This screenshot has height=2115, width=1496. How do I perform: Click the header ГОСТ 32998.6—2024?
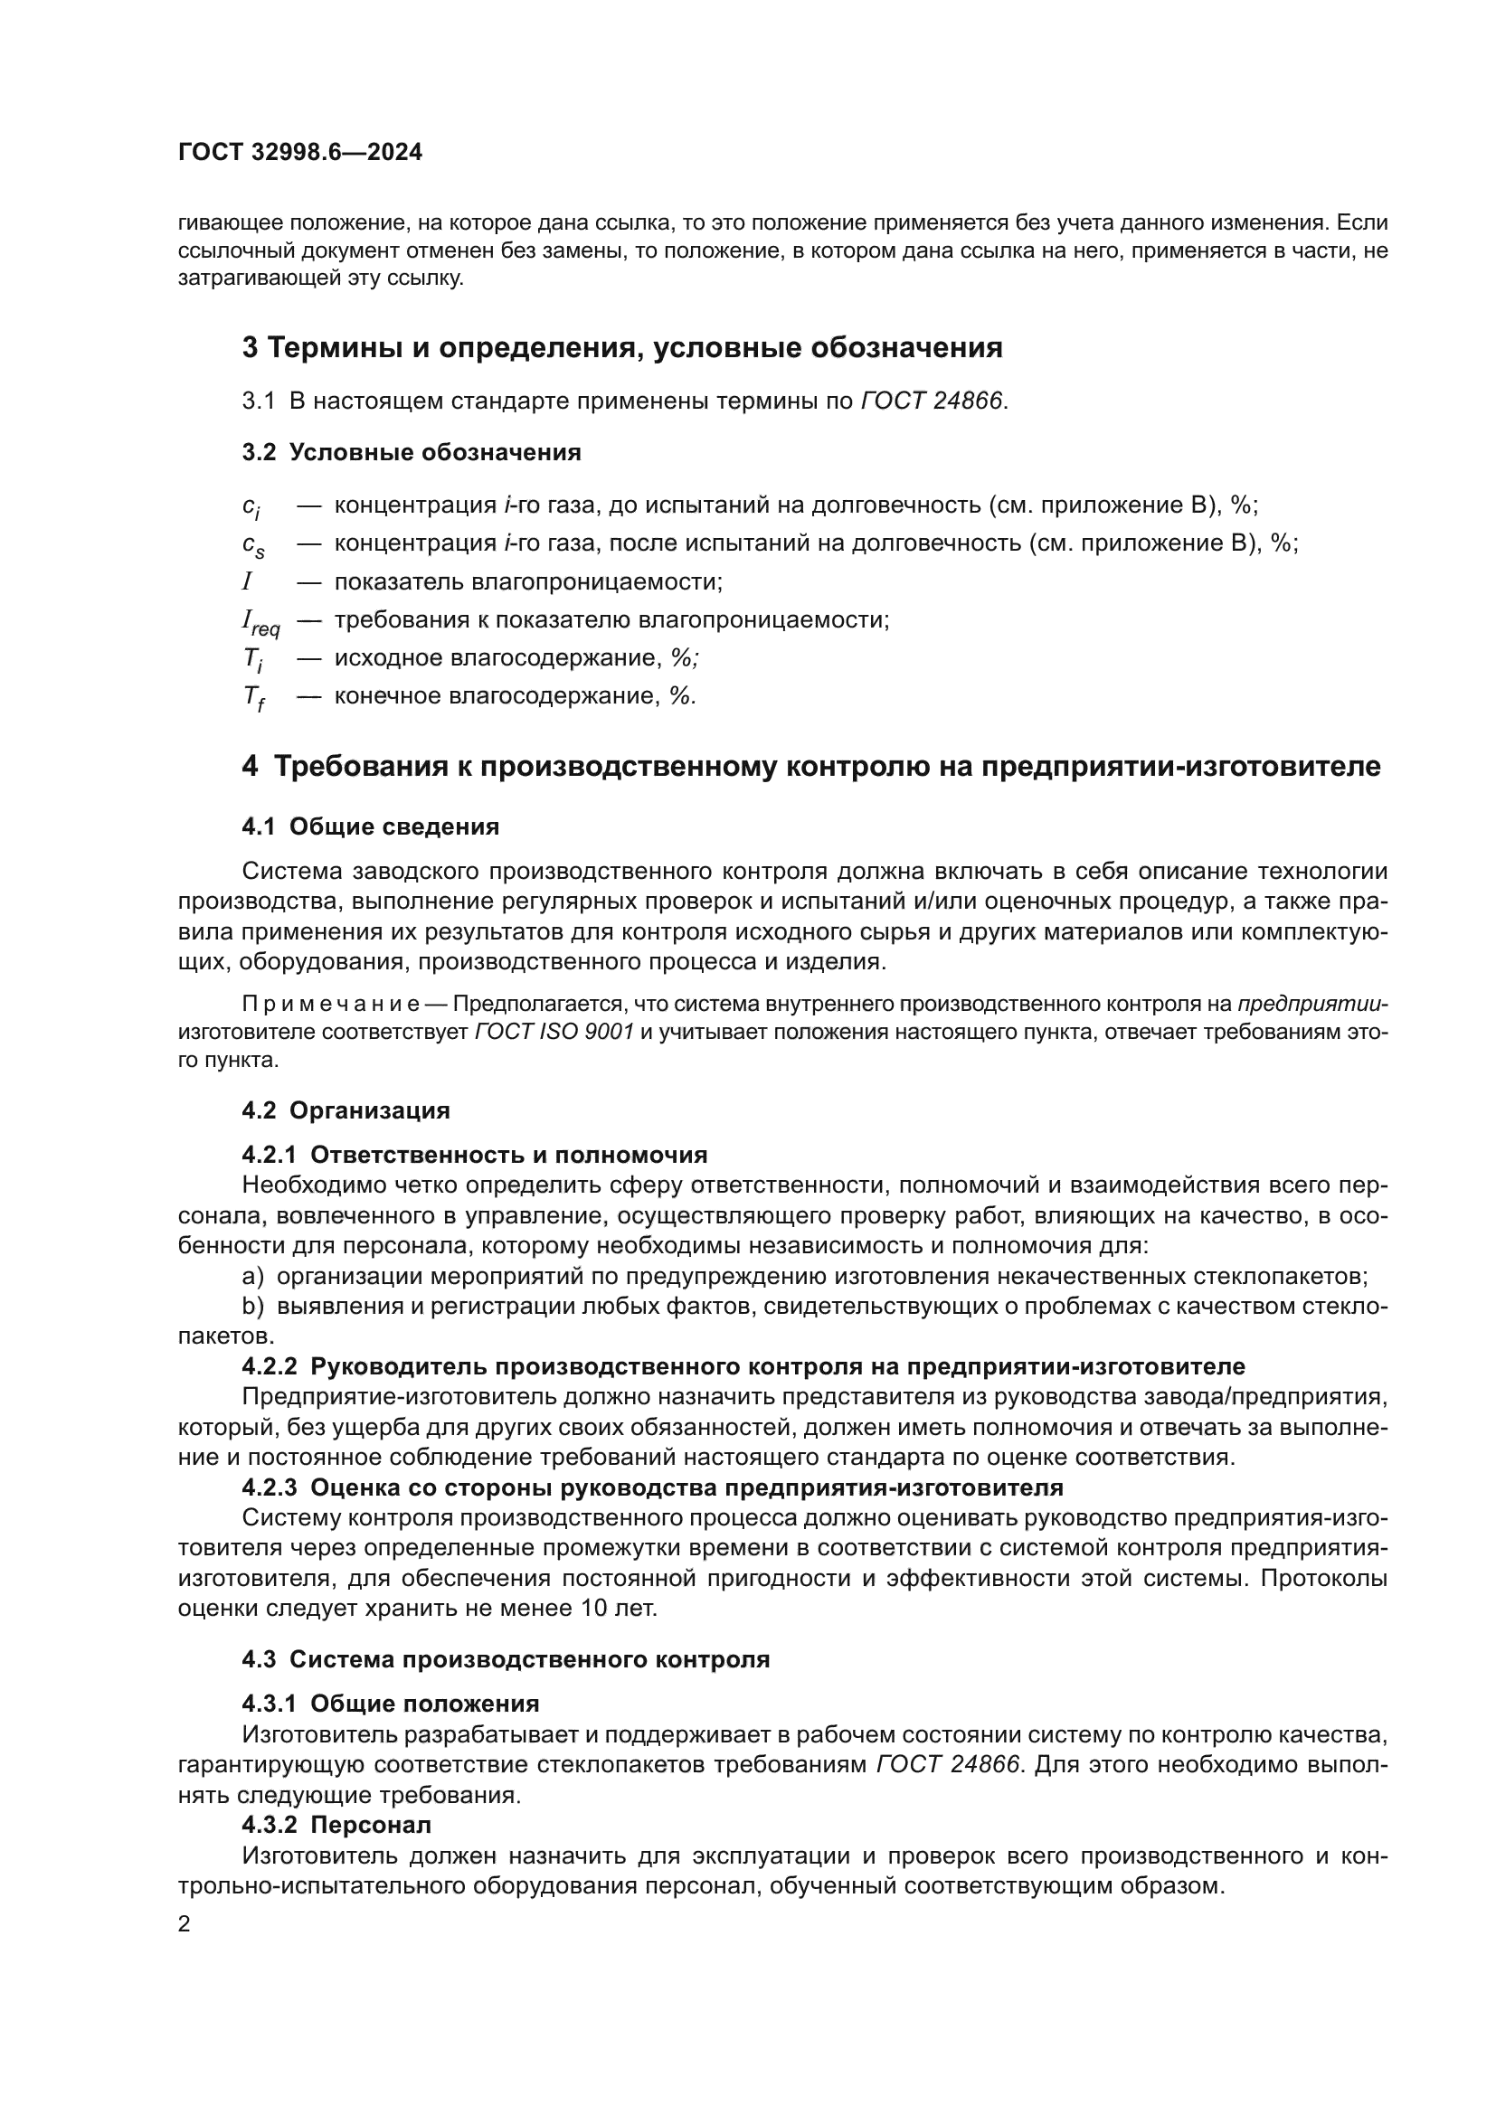click(x=300, y=153)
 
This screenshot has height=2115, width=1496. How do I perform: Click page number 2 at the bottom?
click(x=185, y=1924)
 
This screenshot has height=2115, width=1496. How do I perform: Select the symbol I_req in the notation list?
click(x=260, y=623)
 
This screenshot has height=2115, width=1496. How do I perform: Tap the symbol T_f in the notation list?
click(x=253, y=698)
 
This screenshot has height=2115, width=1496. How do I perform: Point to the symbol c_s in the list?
click(x=253, y=545)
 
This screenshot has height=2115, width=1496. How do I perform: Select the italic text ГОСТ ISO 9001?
click(x=554, y=1032)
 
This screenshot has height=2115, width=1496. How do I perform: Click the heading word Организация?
click(x=369, y=1110)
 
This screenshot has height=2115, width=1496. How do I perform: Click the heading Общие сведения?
click(x=394, y=826)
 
